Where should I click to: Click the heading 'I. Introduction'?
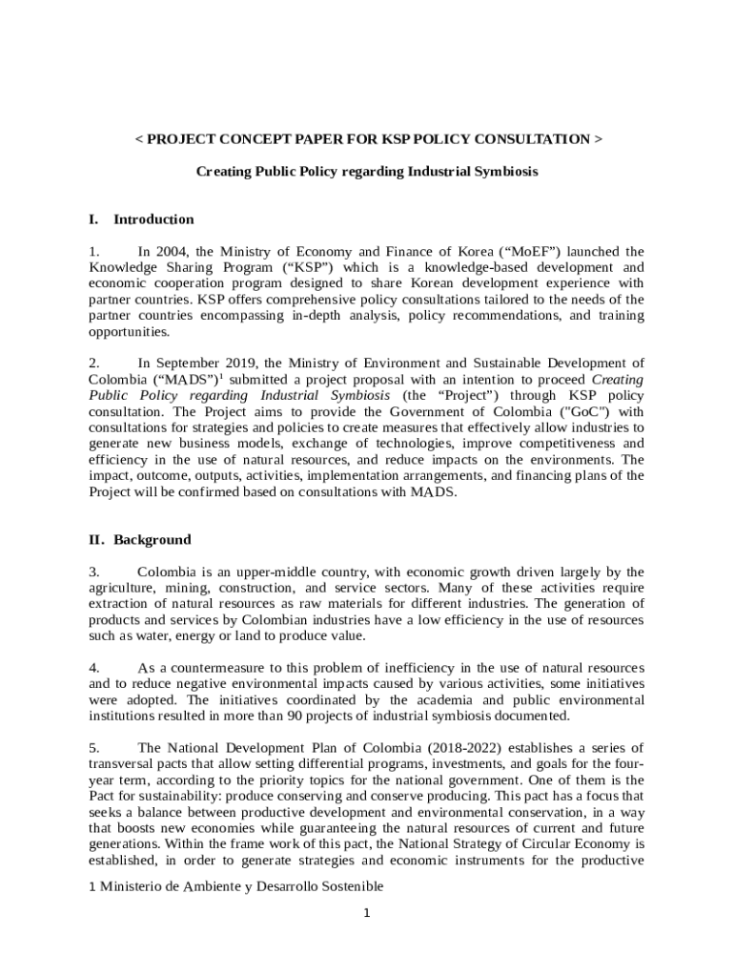pos(141,219)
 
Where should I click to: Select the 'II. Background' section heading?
pos(139,540)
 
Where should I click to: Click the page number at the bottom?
pos(367,913)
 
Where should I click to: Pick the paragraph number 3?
pos(93,572)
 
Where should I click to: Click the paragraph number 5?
pos(93,747)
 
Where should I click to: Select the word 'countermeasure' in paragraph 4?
pos(225,667)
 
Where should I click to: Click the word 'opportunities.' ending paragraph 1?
pos(129,332)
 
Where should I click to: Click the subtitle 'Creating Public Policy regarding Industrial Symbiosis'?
pos(367,172)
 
